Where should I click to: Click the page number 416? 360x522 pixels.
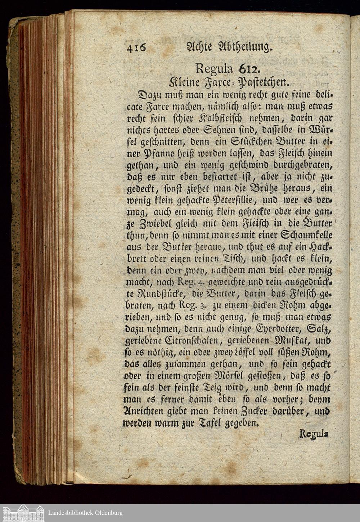point(135,48)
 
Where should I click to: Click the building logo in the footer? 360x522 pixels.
point(23,513)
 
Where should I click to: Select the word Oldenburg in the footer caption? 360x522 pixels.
point(106,513)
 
